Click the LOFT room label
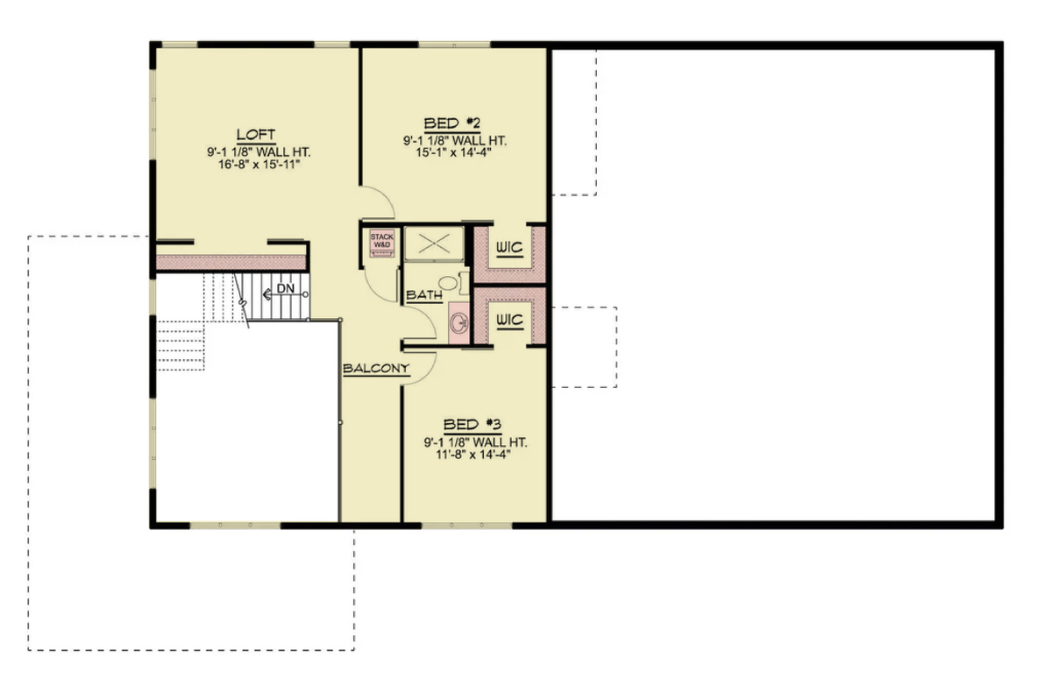256,134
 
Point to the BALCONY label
376,369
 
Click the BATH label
423,296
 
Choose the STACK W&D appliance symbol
382,244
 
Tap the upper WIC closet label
509,249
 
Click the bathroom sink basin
458,322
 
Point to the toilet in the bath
448,284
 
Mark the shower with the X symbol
433,243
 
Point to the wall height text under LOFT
256,152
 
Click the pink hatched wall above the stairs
230,262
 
